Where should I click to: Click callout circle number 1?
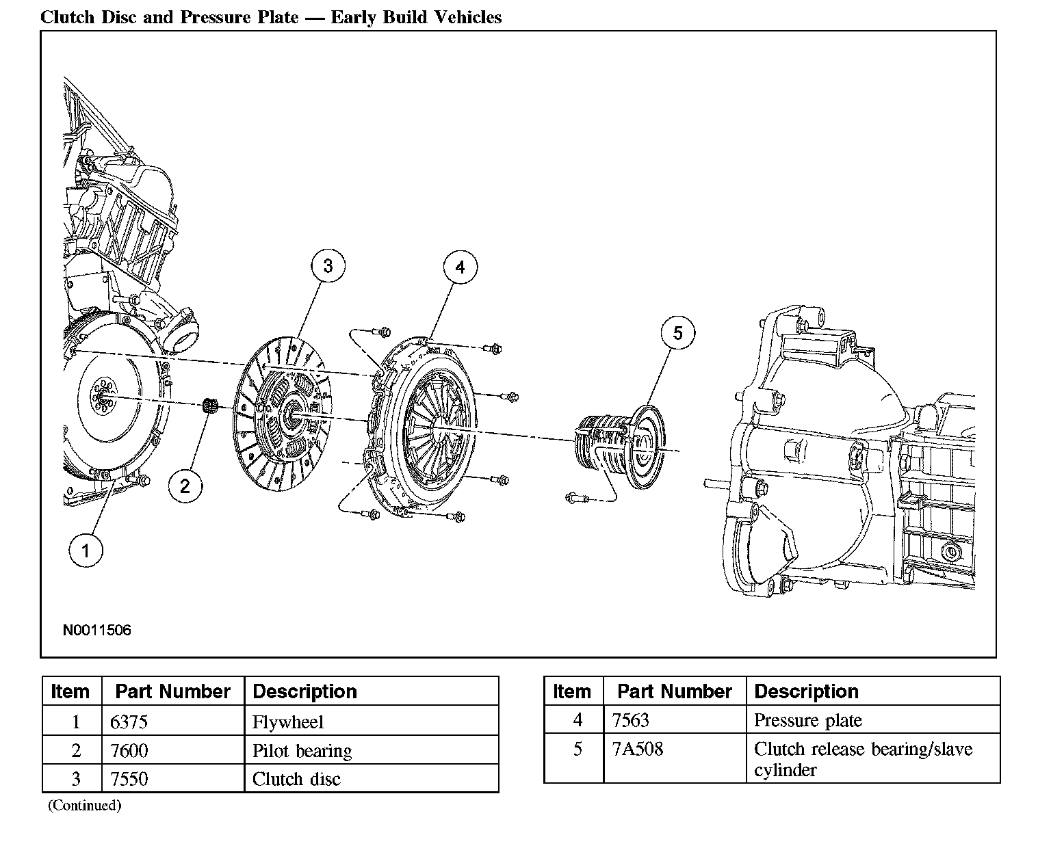point(86,551)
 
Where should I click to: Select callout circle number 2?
point(185,486)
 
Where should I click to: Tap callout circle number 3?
point(328,266)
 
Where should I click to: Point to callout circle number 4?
point(460,267)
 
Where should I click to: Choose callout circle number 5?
point(678,333)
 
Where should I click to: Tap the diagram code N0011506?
point(96,630)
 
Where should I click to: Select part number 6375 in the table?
point(129,721)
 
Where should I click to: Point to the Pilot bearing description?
point(302,750)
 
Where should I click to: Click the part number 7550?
point(129,779)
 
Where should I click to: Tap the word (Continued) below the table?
point(84,805)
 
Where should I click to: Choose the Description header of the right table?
point(806,691)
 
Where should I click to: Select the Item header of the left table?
point(70,691)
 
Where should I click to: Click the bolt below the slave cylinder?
point(578,498)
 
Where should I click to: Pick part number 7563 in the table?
point(631,720)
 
